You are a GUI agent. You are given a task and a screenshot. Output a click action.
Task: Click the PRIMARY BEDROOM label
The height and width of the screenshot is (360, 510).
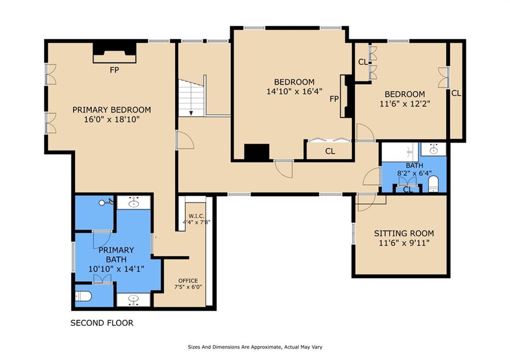[x=112, y=110]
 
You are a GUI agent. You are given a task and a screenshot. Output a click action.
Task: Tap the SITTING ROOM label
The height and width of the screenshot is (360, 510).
[x=404, y=234]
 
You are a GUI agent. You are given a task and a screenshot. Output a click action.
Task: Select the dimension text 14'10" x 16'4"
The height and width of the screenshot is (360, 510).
[x=294, y=92]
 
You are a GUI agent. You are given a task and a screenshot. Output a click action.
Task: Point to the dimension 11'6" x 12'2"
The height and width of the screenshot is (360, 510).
[x=405, y=104]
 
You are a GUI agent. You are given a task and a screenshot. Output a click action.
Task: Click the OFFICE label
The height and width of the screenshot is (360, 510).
[x=188, y=281]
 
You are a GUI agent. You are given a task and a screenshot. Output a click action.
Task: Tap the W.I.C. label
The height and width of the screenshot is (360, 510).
[x=196, y=216]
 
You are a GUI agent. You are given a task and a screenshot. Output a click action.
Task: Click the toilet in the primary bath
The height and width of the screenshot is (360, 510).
[x=83, y=296]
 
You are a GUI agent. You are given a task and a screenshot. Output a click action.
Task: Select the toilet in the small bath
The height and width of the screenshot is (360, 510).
[x=433, y=184]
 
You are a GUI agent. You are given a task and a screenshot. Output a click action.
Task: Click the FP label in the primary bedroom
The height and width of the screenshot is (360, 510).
[x=114, y=70]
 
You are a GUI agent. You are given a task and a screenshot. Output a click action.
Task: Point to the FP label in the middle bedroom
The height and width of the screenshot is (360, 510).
[x=334, y=99]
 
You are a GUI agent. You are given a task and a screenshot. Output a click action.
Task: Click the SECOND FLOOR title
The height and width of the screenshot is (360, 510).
[x=102, y=323]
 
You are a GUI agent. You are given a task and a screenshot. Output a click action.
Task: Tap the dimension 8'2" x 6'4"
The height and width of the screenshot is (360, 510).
[x=414, y=173]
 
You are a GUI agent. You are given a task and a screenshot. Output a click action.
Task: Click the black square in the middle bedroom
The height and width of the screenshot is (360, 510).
[x=257, y=152]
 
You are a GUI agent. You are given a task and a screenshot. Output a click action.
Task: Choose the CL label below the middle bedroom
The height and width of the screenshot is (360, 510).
[x=330, y=151]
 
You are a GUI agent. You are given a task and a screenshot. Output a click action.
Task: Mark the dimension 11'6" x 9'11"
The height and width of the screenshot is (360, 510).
[x=404, y=243]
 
